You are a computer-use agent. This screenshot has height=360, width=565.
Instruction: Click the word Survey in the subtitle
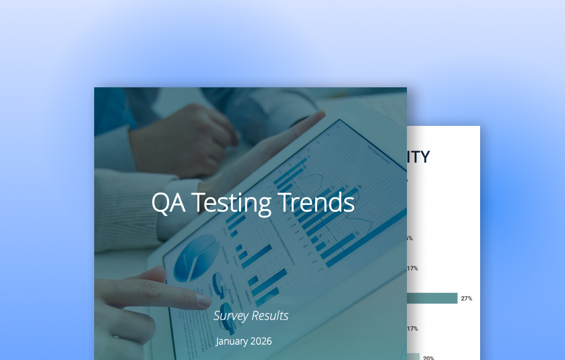point(231,316)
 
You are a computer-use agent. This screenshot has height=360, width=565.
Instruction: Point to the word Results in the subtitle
point(270,316)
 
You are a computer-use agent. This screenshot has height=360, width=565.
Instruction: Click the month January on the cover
point(232,341)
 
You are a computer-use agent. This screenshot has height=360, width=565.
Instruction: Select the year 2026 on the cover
point(261,341)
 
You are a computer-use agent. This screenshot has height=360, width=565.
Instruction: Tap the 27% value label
point(466,299)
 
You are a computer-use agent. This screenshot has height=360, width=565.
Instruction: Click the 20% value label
point(428,358)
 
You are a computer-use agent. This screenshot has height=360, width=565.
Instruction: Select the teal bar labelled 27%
point(432,298)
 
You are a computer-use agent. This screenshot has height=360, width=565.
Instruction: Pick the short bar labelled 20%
point(413,357)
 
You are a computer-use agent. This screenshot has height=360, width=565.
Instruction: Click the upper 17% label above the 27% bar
point(412,268)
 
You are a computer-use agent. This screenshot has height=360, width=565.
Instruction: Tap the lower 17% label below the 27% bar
point(412,329)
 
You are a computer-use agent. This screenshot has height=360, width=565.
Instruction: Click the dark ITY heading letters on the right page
point(419,157)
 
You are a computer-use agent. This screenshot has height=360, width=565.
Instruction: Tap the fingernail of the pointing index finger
point(204,300)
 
